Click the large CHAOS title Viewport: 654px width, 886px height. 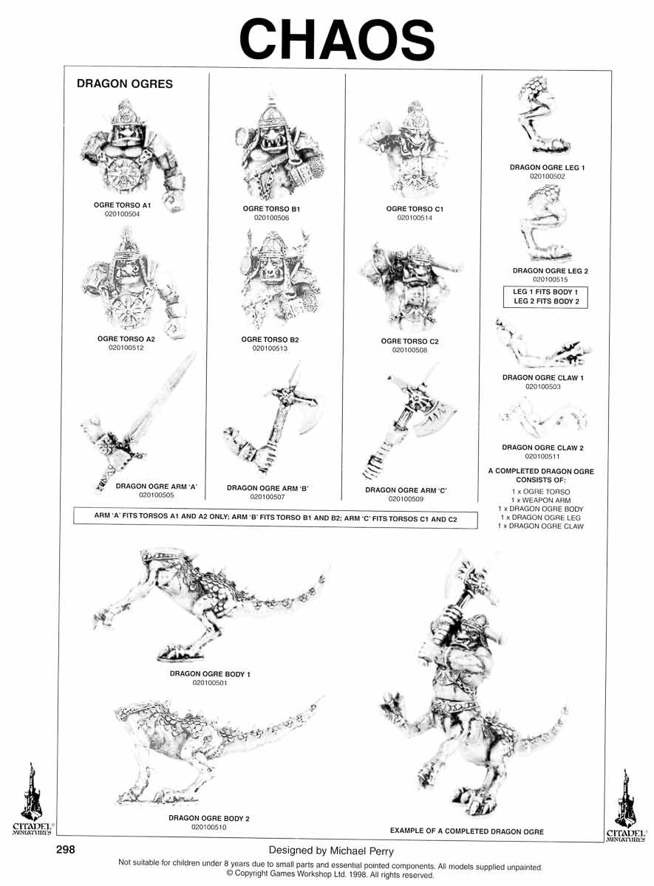coord(337,40)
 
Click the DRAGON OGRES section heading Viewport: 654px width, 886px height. coord(125,84)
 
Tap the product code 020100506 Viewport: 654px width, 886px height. coord(272,218)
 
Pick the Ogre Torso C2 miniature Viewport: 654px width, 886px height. coord(412,286)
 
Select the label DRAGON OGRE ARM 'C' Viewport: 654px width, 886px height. coord(406,490)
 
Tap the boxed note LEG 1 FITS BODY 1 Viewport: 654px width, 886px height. coord(545,292)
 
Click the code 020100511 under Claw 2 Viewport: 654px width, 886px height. coord(542,456)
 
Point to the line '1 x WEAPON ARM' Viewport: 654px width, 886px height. coord(541,500)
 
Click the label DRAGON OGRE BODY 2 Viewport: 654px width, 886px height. coord(209,818)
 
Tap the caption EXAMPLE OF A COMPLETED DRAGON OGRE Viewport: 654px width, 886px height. coord(467,831)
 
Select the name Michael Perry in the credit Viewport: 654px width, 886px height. coord(362,851)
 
